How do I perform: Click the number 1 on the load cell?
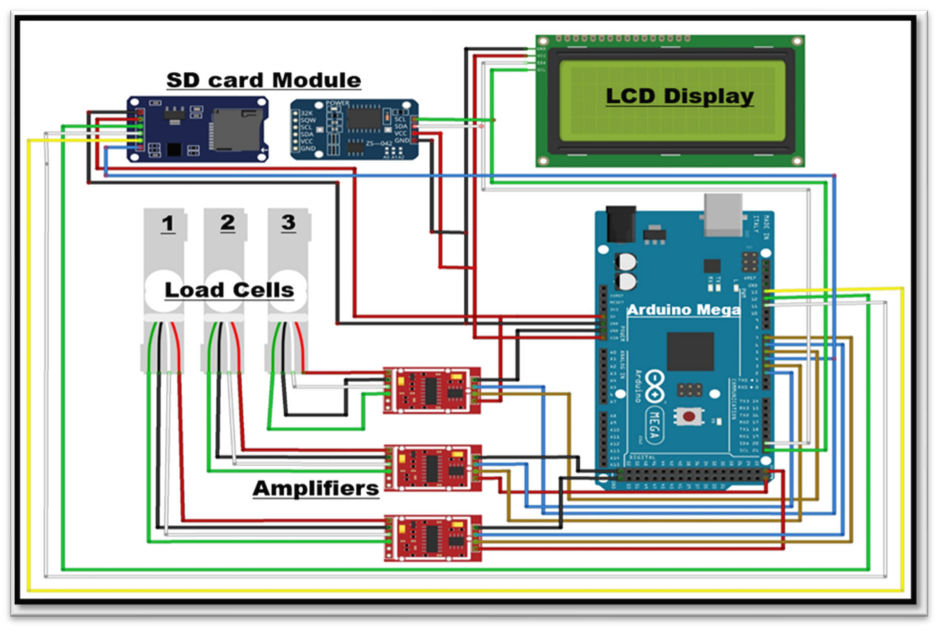pos(168,224)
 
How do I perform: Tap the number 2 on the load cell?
pos(228,222)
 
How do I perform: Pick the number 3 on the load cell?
pos(288,222)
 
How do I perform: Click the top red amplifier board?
pos(432,390)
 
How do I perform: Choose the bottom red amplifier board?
pos(432,538)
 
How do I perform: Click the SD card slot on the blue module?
pos(236,129)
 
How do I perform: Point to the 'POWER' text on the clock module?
pos(337,103)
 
